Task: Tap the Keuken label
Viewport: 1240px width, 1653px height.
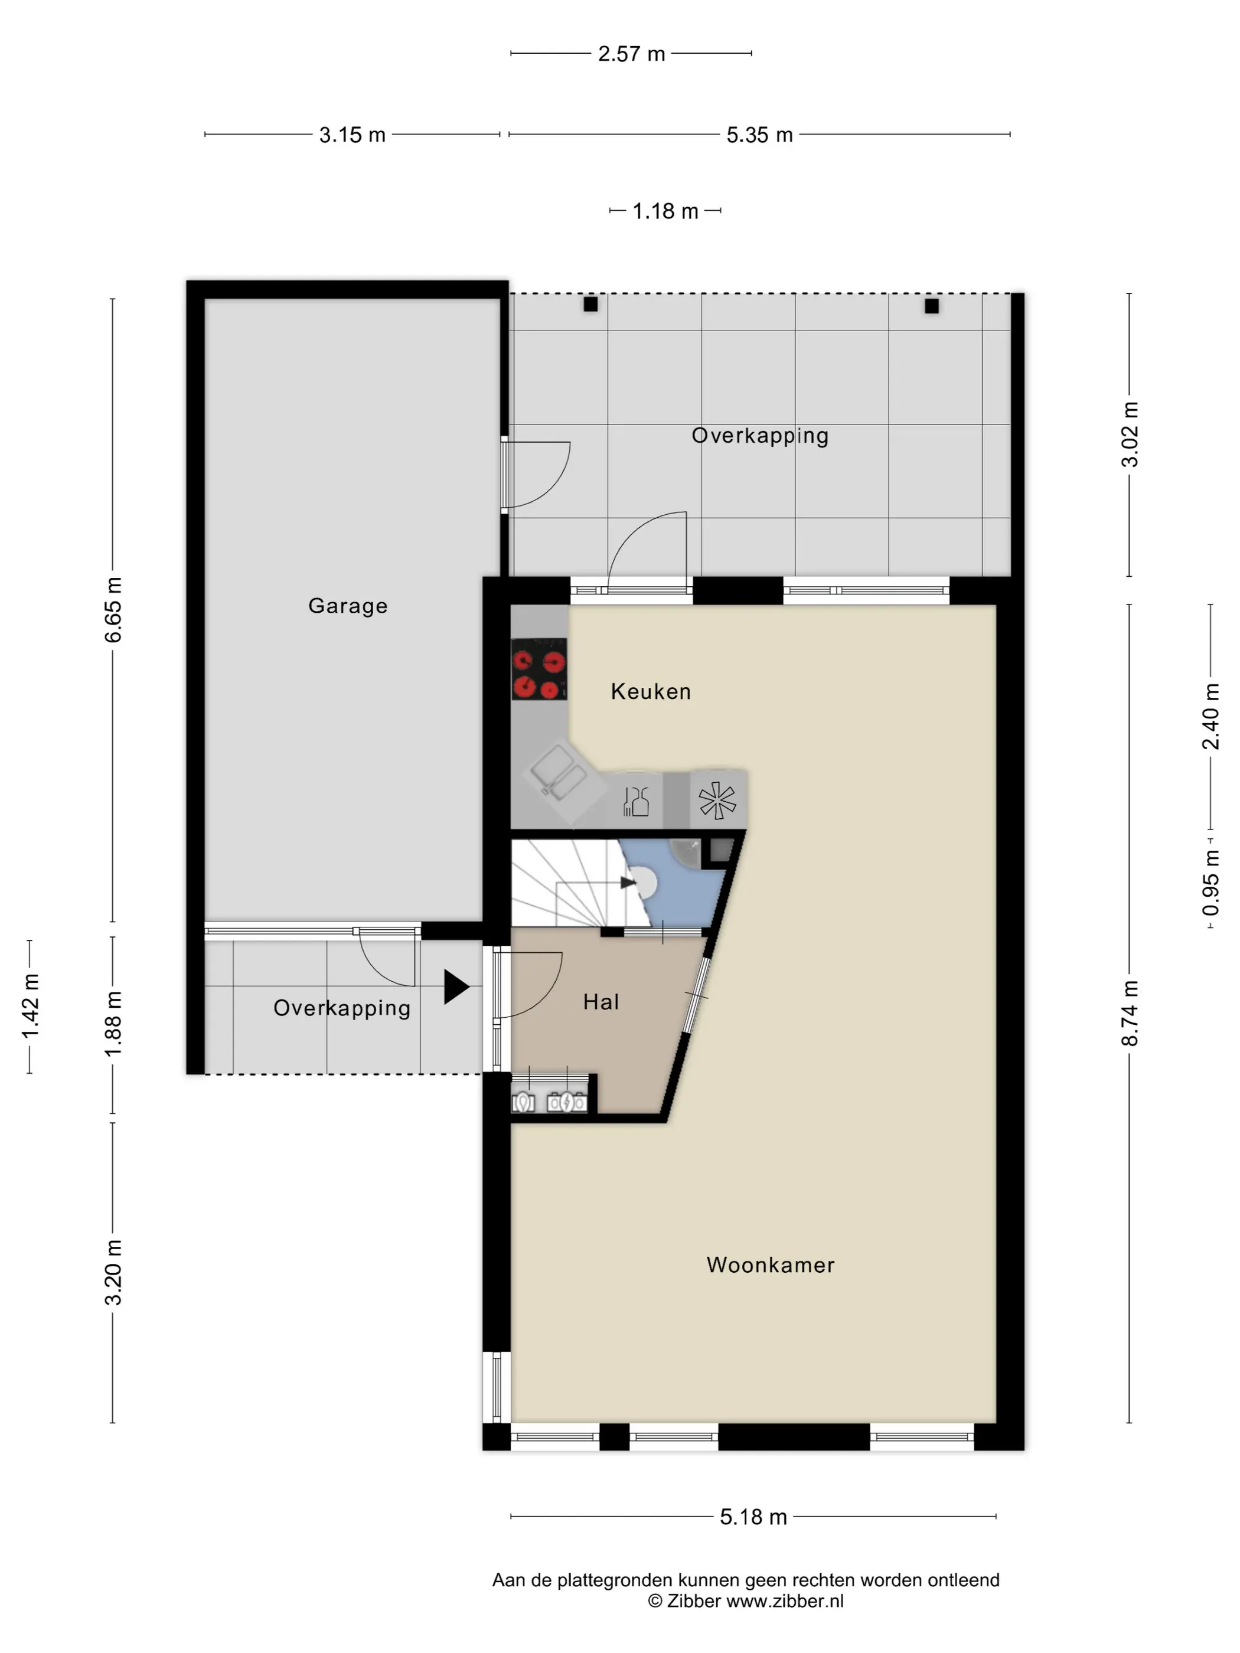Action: (650, 691)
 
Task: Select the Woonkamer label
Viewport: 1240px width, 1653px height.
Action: (771, 1265)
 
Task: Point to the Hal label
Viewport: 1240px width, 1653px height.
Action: (601, 1001)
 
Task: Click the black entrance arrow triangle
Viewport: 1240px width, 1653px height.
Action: (456, 986)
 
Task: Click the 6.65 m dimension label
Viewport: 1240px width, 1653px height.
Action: (113, 610)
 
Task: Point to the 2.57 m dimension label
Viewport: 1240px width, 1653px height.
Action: (632, 54)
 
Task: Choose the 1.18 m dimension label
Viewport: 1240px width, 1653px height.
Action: (665, 211)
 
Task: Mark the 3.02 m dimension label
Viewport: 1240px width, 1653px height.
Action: (1130, 434)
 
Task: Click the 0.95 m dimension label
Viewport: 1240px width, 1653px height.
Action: (1211, 883)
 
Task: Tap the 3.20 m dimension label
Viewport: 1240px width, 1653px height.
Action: (113, 1273)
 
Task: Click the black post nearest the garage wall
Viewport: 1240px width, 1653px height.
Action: (590, 304)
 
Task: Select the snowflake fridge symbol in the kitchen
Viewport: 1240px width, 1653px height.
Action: (717, 801)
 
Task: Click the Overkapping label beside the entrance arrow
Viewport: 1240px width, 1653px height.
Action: (341, 1008)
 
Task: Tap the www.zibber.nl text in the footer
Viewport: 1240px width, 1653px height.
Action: (785, 1602)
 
